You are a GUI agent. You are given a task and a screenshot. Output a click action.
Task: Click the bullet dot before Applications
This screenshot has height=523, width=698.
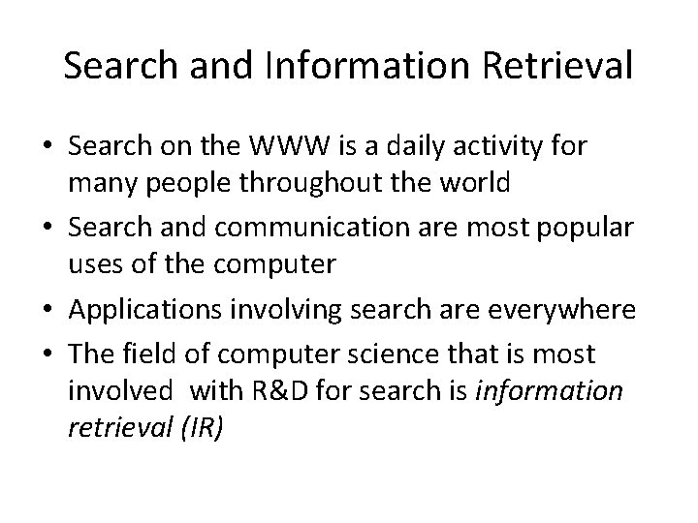[x=47, y=310]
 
